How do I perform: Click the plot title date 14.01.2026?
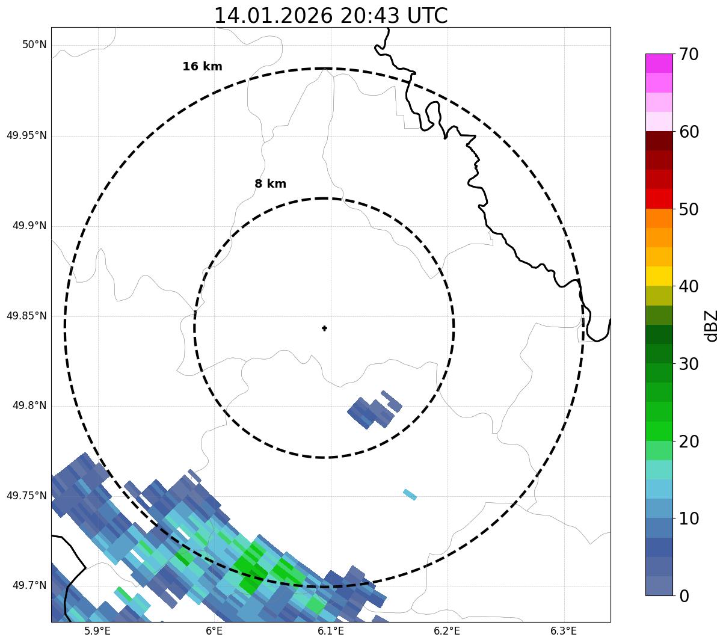[x=273, y=16]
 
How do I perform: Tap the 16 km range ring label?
[x=202, y=67]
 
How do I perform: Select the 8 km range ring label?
[x=270, y=184]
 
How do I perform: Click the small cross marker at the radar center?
[x=325, y=328]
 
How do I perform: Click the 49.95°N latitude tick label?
[x=26, y=135]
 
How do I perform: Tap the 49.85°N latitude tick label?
[x=26, y=316]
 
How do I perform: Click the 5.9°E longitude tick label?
[x=97, y=631]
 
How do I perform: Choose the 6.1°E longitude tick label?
[x=331, y=631]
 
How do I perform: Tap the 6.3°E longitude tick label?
[x=564, y=631]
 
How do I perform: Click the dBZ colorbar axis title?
[x=712, y=325]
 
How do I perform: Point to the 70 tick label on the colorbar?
[x=689, y=55]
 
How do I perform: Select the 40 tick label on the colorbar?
[x=689, y=287]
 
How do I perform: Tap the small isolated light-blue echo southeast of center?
[x=410, y=494]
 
